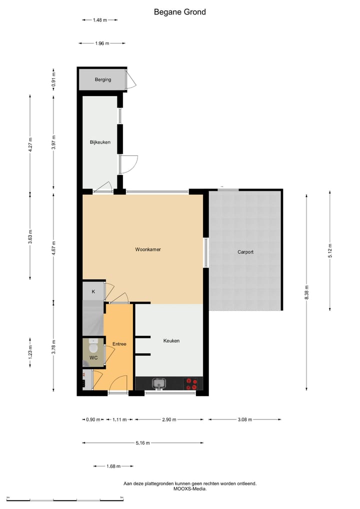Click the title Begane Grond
[x=179, y=12]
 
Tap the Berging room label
[x=103, y=79]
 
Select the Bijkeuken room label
[x=100, y=142]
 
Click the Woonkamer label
[x=147, y=249]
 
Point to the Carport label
[x=245, y=252]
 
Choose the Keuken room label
[x=171, y=341]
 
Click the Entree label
[x=119, y=344]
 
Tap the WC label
[x=93, y=358]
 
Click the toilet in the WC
[x=93, y=346]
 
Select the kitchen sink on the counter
[x=159, y=383]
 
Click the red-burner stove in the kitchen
[x=191, y=383]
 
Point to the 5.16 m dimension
[x=142, y=443]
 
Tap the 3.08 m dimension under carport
[x=245, y=419]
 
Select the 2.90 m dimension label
[x=169, y=419]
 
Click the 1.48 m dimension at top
[x=100, y=20]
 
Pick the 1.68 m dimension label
[x=113, y=466]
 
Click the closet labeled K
[x=93, y=291]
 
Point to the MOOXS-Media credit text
[x=189, y=489]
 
